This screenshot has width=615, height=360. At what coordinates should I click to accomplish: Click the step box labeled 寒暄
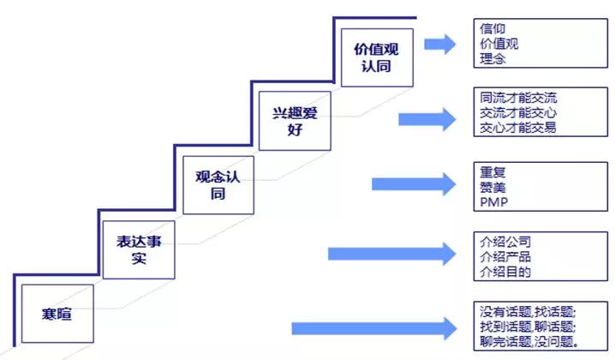click(x=57, y=311)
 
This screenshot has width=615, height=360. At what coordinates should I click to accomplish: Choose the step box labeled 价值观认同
click(x=377, y=57)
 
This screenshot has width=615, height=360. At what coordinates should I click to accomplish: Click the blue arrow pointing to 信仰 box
click(x=440, y=45)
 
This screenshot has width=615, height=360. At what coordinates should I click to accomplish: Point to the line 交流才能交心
click(x=519, y=112)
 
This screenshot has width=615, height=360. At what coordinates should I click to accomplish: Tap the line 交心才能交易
click(x=519, y=128)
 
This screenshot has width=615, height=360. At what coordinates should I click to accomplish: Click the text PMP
click(x=495, y=203)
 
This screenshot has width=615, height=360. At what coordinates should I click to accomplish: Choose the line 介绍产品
click(x=505, y=258)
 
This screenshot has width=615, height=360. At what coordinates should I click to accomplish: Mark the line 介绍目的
click(x=505, y=273)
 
